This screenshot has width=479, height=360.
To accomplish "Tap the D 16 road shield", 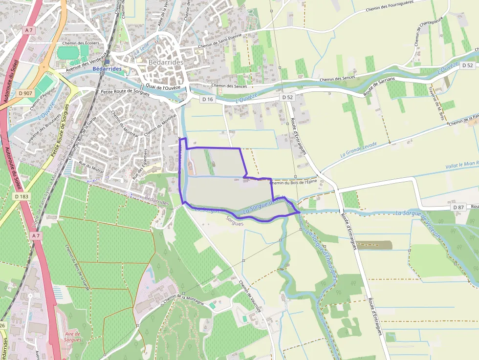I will tap(208, 99).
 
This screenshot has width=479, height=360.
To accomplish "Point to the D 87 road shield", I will tap(458, 208).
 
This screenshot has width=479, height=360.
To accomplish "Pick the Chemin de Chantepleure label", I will tap(423, 32).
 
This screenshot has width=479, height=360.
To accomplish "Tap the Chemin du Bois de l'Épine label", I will tap(293, 182).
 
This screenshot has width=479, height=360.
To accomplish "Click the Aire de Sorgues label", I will tap(72, 337).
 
